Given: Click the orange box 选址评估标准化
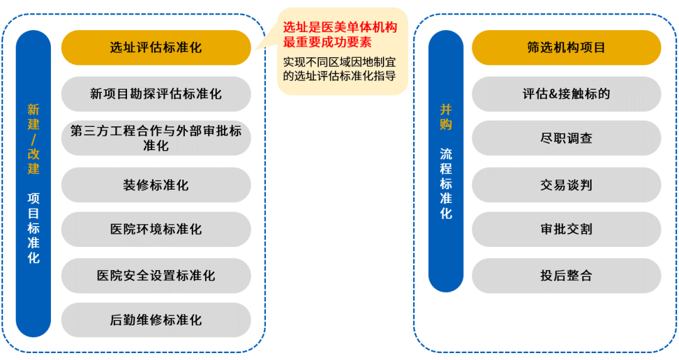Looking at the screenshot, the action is (156, 48).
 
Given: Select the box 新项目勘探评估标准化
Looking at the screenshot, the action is (156, 94).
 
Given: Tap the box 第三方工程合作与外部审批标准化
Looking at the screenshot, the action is (156, 138).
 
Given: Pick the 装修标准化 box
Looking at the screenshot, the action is (156, 185).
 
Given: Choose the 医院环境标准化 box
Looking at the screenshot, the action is (156, 229).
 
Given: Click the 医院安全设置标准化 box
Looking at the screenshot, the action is (156, 275).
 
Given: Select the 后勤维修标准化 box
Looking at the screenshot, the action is (156, 320).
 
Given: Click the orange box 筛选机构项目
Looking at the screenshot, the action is (566, 48).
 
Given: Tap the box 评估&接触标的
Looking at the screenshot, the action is (566, 94).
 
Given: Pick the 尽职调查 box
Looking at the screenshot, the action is (566, 138).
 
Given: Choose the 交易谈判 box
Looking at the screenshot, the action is (566, 185).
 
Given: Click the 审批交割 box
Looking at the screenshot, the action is (566, 229).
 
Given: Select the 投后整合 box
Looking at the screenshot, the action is (566, 275).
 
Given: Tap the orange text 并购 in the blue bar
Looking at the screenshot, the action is (446, 117).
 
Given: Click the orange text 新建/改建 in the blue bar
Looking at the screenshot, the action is (33, 139).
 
